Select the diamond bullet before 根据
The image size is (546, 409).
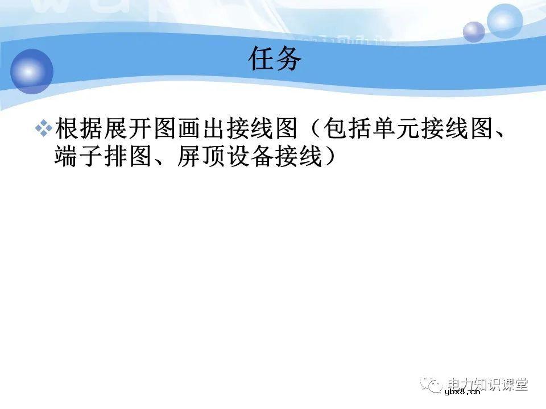pyautogui.click(x=43, y=130)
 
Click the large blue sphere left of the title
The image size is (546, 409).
pyautogui.click(x=32, y=72)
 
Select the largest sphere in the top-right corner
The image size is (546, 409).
pyautogui.click(x=504, y=21)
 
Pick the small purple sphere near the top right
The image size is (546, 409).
pyautogui.click(x=473, y=32)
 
